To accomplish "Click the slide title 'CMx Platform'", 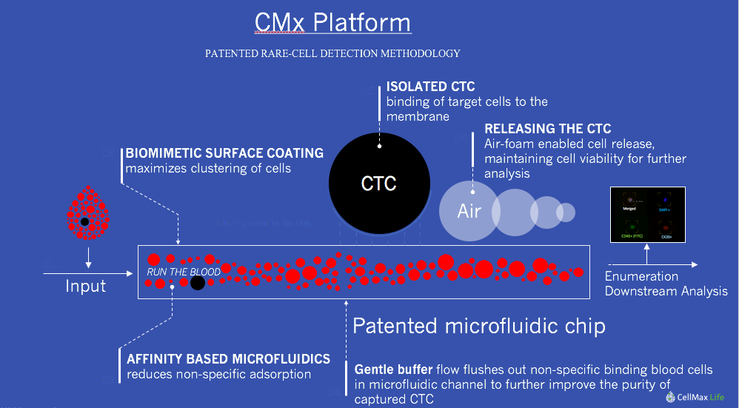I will [x=332, y=23].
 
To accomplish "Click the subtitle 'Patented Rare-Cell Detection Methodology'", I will [x=332, y=53].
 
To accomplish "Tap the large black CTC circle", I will [x=378, y=183].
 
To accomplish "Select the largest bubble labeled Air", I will [x=469, y=211].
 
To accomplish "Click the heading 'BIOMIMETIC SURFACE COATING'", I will [x=224, y=153].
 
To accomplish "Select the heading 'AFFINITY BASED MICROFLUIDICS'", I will [x=228, y=359].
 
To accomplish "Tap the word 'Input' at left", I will [x=86, y=286].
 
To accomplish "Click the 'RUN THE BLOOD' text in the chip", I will [x=183, y=272].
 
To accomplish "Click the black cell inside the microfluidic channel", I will [x=198, y=282].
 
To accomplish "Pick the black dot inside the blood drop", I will [x=85, y=221].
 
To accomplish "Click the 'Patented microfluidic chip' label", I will [x=478, y=326].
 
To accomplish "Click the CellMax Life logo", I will [x=695, y=397].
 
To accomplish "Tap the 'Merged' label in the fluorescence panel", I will [x=631, y=210].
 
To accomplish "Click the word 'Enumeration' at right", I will [x=641, y=276].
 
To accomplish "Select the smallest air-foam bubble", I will [x=566, y=212].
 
